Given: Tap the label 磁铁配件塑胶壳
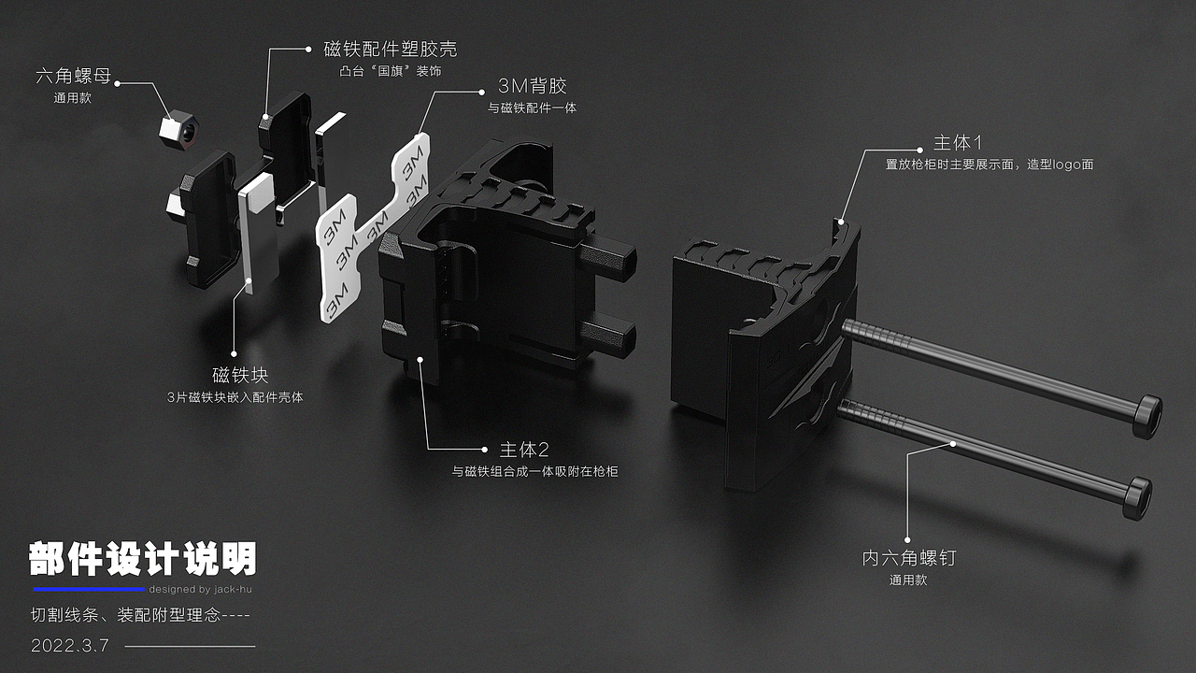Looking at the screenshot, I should click(390, 49).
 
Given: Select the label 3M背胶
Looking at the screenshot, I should click(532, 86).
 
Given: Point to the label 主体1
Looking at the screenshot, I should click(958, 143).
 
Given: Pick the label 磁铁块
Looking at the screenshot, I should click(240, 376).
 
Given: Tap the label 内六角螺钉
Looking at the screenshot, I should click(908, 558).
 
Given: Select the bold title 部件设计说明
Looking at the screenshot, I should click(142, 559).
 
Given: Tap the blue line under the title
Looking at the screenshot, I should click(89, 590).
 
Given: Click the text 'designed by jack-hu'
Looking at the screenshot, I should click(199, 590).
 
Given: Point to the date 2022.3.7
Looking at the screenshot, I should click(70, 646).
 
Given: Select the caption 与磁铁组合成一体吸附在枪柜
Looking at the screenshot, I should click(534, 472).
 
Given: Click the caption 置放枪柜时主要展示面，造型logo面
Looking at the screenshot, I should click(989, 165).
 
